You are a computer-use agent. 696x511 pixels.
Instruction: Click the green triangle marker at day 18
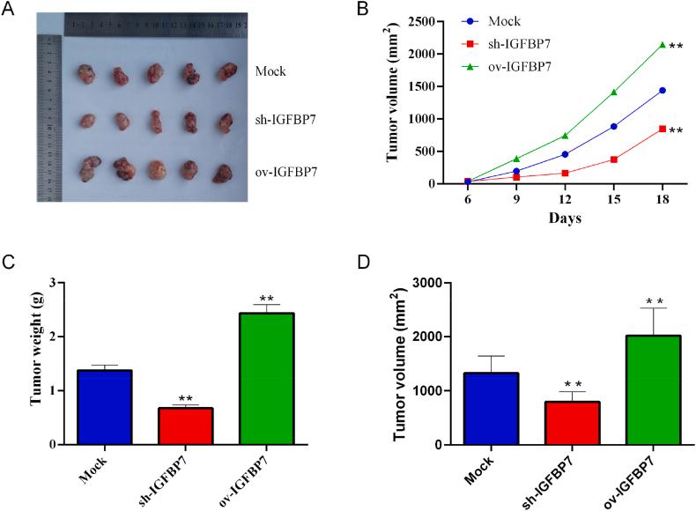[662, 44]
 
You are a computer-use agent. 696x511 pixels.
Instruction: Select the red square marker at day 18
[662, 129]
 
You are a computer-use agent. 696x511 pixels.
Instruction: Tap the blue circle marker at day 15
[613, 126]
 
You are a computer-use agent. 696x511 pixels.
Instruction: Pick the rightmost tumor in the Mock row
[228, 72]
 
